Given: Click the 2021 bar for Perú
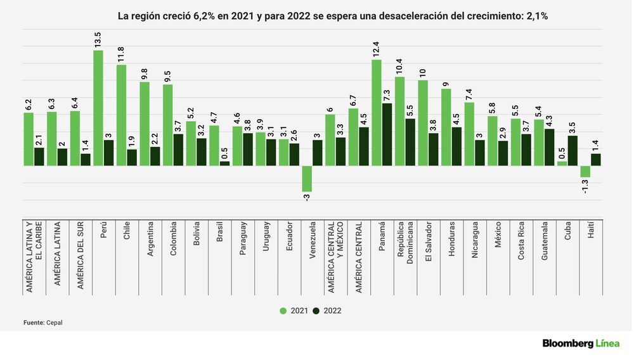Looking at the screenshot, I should coord(98,108).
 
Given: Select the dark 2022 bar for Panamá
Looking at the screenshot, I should coord(387,134).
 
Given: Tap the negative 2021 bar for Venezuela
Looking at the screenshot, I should coord(306,179).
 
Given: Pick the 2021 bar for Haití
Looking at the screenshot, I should coord(585,171).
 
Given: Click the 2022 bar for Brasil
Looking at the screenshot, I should coord(224,164).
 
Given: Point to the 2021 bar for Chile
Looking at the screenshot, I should coord(121,115).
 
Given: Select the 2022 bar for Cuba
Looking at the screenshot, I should coord(573,151).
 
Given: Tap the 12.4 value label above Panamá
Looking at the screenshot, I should coord(377,49).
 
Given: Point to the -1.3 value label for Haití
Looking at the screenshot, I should coord(585,186).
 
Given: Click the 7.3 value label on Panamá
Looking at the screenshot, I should coord(387,95).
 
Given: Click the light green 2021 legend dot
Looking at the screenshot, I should coord(283,311).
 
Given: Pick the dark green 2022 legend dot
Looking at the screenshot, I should coord(317,311).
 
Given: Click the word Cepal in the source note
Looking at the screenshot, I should coord(55,323).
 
